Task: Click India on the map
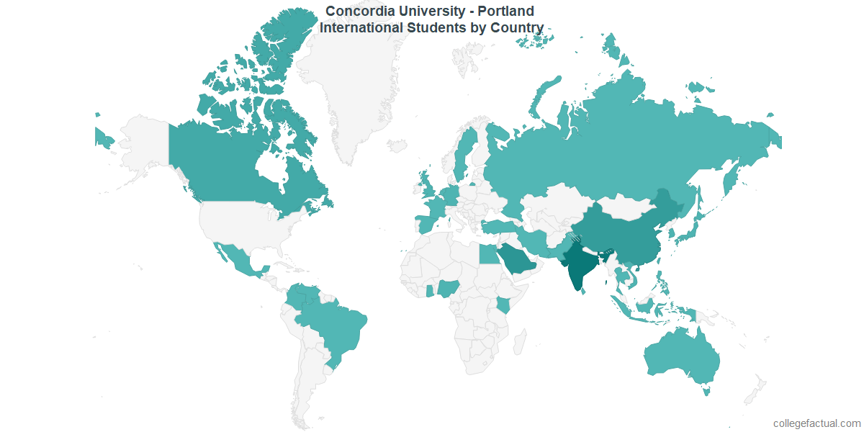tap(580, 266)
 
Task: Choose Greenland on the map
tap(338, 79)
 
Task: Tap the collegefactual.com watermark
tap(816, 423)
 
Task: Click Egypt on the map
tap(488, 253)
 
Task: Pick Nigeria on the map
tap(449, 289)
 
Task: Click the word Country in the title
tap(517, 28)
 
